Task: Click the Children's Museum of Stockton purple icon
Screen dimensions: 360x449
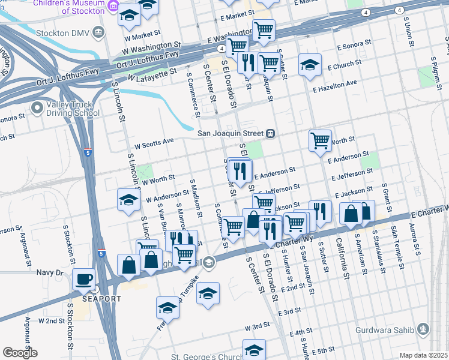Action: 113,8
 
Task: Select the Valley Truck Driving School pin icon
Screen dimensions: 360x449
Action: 37,108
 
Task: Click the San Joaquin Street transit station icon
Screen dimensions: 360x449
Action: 271,133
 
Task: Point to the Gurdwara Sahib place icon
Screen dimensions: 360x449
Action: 424,328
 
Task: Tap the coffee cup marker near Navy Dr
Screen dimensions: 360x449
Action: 83,278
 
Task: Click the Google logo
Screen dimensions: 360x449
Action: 20,353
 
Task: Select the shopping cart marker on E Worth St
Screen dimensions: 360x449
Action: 321,140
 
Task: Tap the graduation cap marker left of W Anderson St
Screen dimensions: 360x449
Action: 128,201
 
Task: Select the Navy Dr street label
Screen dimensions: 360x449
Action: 51,273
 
